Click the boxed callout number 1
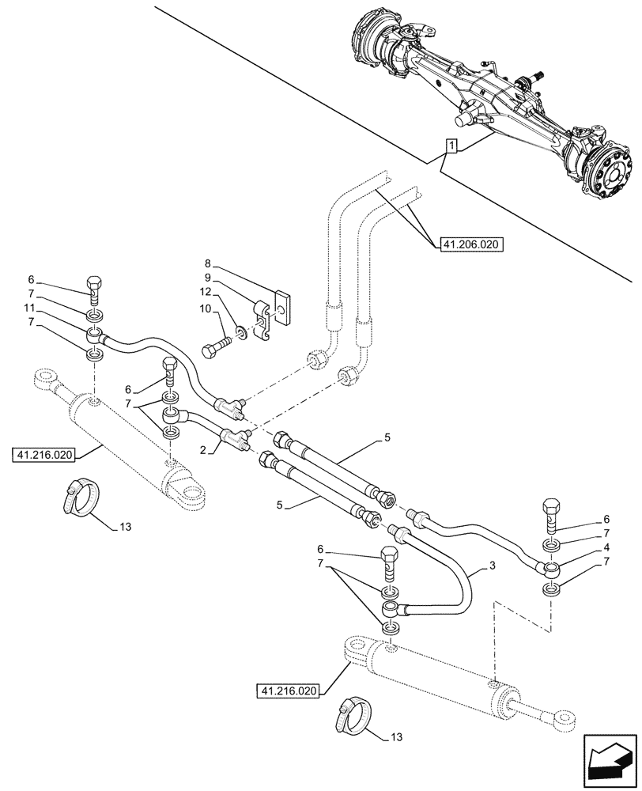[x=451, y=146]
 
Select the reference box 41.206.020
[x=467, y=246]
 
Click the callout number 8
[x=207, y=263]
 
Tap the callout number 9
[x=207, y=278]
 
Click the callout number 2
[x=202, y=448]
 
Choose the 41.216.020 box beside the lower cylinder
[x=286, y=691]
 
